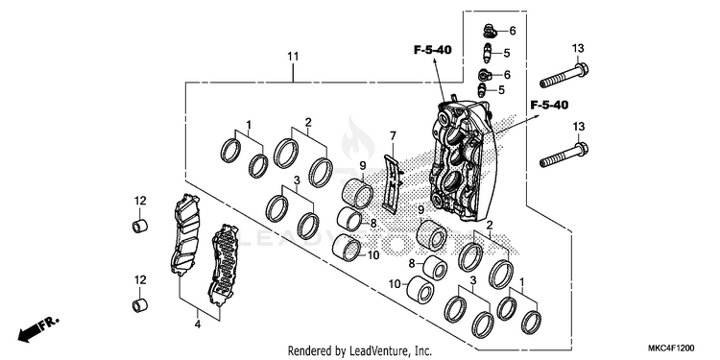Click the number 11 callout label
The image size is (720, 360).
[293, 57]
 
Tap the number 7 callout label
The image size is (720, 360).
[393, 136]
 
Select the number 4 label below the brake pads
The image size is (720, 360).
[198, 324]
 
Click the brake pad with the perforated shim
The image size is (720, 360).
[223, 265]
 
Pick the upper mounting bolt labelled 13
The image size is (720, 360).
[564, 76]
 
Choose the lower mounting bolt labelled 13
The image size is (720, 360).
[564, 155]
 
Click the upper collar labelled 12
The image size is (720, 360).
[140, 227]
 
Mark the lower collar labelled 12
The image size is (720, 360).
[140, 305]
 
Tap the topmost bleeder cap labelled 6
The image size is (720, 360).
[490, 32]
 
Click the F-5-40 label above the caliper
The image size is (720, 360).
[433, 50]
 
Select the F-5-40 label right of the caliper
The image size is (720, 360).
[549, 106]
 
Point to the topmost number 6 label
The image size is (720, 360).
[513, 31]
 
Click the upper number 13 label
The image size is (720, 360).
[578, 48]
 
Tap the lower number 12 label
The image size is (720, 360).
[140, 279]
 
